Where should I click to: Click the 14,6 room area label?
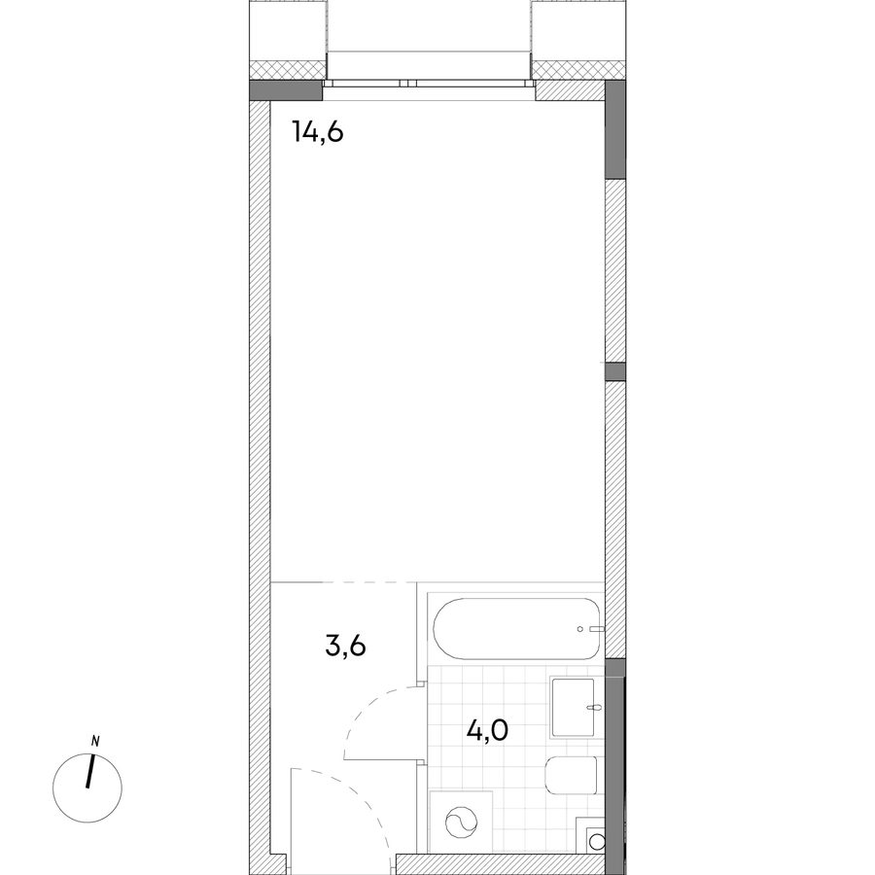tap(318, 133)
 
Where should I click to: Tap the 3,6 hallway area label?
tap(345, 646)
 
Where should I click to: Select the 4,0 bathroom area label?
tap(487, 730)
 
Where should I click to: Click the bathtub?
tap(517, 629)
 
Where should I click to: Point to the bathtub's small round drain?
tap(580, 629)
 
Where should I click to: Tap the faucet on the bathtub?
tap(597, 629)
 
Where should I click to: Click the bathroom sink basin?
tap(573, 707)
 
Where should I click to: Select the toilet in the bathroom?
tap(571, 775)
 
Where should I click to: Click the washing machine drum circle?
tap(462, 822)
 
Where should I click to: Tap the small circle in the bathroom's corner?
tap(597, 841)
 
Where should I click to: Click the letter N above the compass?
tap(95, 742)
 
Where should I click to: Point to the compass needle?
tap(90, 771)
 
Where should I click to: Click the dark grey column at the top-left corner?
tap(286, 90)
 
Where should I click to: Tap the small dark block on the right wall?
tap(615, 371)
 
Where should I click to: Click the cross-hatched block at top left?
tap(287, 69)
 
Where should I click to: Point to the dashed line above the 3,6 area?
tap(368, 582)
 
